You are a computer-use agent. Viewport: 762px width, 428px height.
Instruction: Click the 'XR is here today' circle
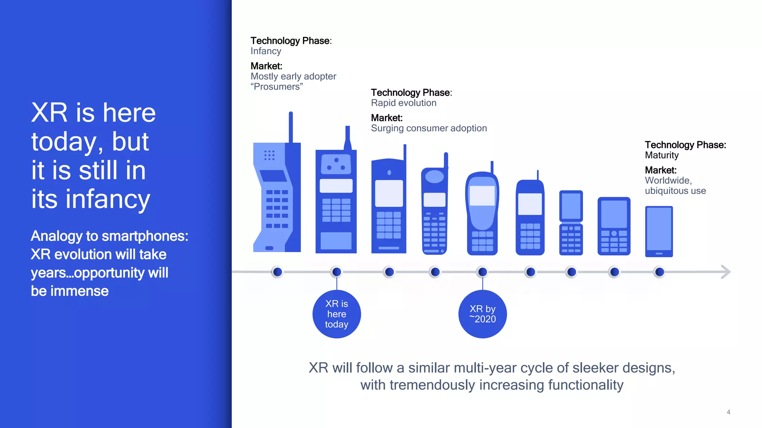[336, 314]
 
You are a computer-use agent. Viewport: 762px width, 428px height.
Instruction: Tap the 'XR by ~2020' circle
[482, 314]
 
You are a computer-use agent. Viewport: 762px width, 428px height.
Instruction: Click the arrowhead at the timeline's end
[726, 272]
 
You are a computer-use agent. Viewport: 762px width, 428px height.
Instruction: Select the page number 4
[728, 412]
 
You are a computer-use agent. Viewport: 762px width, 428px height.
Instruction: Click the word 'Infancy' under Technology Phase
[266, 51]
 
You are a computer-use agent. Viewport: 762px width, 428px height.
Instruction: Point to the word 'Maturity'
[662, 155]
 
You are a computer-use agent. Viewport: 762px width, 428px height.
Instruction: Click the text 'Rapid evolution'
[403, 103]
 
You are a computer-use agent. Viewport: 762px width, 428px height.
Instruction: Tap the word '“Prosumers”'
[276, 87]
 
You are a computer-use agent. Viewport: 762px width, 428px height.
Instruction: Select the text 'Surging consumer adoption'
[429, 128]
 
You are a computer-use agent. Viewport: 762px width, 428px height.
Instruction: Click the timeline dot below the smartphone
[659, 272]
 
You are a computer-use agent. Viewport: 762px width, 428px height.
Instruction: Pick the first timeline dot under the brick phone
[277, 272]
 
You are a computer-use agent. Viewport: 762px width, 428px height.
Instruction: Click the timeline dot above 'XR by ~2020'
[482, 272]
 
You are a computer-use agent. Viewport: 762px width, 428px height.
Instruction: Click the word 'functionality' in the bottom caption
[586, 385]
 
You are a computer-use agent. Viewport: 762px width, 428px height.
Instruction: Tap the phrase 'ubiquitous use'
[675, 191]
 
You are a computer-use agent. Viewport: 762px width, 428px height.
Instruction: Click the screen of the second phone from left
[336, 186]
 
